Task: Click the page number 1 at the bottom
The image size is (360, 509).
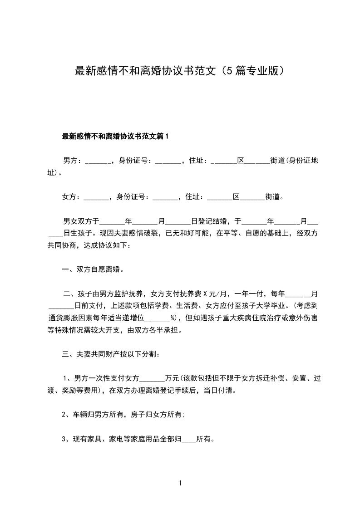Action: coord(180,483)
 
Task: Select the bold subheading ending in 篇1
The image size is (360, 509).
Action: coord(115,136)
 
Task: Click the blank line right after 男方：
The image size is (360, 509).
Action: coord(97,162)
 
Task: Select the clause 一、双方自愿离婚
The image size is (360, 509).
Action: coord(93,269)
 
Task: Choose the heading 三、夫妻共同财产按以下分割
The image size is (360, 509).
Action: coord(110,354)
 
